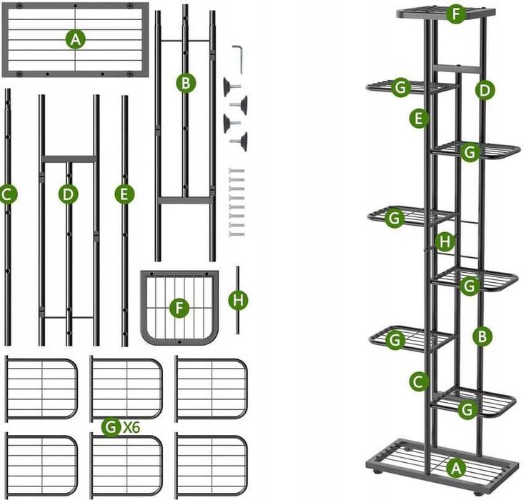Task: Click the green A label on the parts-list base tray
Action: tap(76, 39)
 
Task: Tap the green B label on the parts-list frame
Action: tap(186, 82)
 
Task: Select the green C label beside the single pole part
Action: tap(8, 194)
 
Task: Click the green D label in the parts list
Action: tap(68, 194)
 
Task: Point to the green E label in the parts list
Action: tap(124, 194)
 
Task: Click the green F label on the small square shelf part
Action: tap(179, 308)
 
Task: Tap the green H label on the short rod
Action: tap(238, 300)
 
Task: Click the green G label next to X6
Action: tap(111, 427)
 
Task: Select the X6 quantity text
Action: tap(131, 428)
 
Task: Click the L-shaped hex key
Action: tap(238, 59)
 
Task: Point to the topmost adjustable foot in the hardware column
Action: tap(232, 87)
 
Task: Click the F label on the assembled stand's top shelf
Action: tap(455, 14)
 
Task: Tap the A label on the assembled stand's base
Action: tap(456, 467)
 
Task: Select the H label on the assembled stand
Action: tap(445, 241)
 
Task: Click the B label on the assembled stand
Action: tap(482, 336)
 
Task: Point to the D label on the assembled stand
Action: tap(485, 90)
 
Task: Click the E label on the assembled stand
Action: tap(419, 119)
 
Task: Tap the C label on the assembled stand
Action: tap(419, 381)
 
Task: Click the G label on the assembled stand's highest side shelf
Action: tap(400, 88)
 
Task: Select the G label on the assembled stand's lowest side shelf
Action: tap(467, 409)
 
